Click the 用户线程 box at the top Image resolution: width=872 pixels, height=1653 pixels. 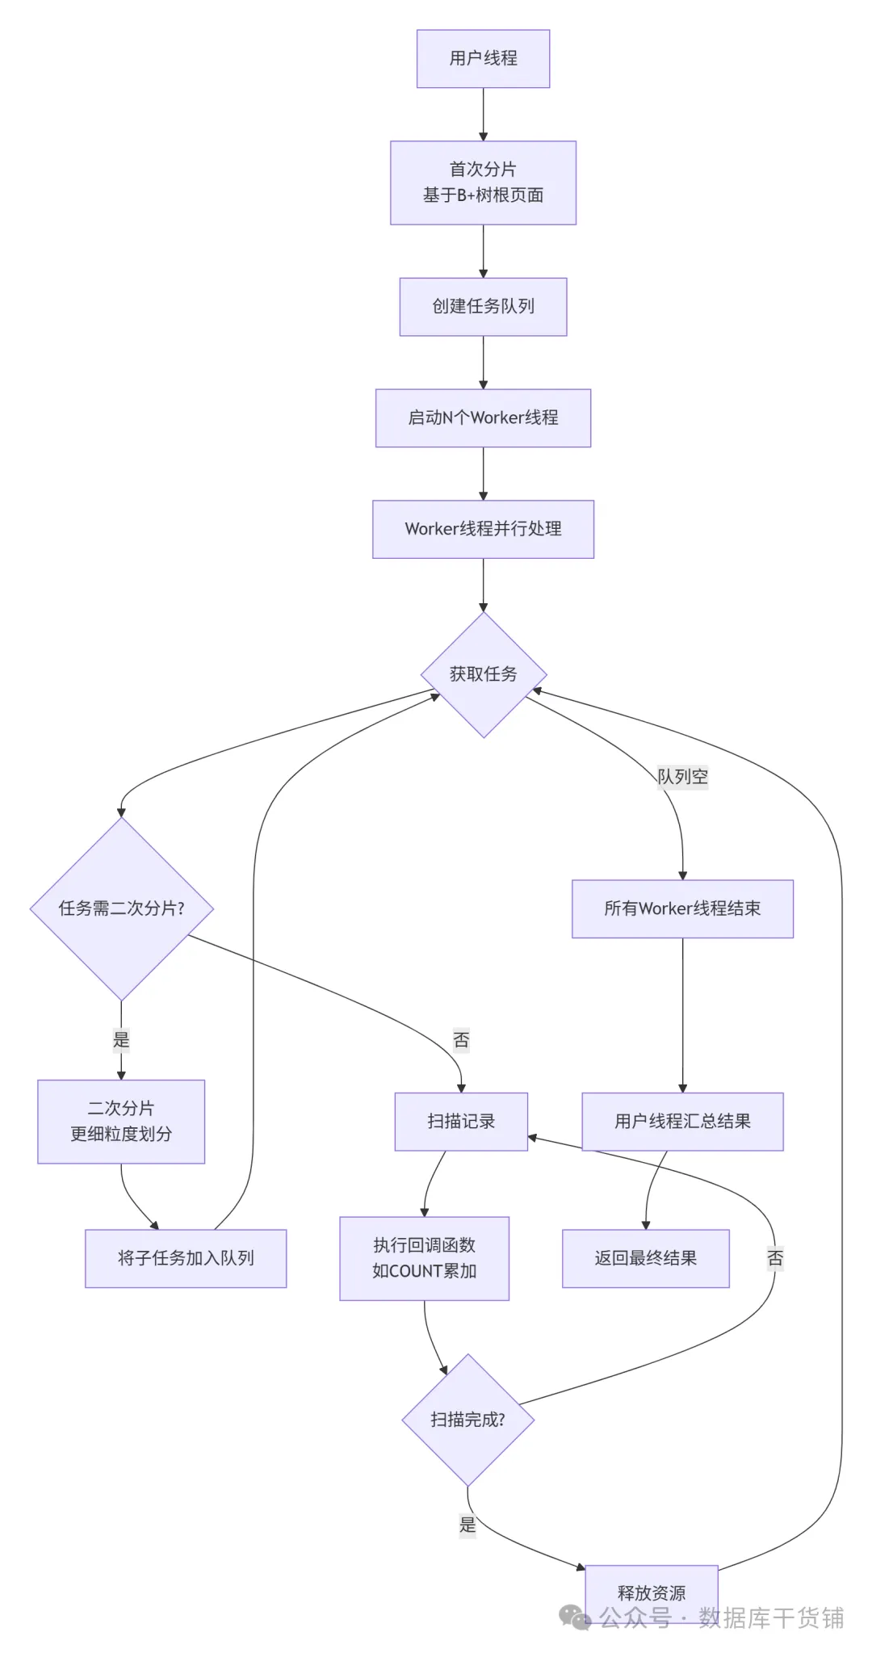point(483,59)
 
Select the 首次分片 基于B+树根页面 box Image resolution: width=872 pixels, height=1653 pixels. point(483,183)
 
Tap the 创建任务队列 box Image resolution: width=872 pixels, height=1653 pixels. point(483,307)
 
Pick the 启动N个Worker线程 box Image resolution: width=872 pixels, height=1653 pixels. point(483,418)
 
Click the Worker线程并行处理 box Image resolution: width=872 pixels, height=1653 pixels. point(483,529)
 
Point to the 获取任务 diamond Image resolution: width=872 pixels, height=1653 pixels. point(483,674)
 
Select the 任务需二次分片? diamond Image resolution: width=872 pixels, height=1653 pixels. point(121,908)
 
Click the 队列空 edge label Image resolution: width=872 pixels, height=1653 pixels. point(682,777)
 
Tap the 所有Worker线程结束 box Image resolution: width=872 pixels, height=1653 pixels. point(682,908)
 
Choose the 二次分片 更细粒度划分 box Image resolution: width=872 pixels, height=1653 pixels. point(121,1121)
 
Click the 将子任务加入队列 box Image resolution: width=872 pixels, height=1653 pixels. point(186,1258)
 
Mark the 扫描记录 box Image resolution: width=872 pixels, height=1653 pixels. point(461,1121)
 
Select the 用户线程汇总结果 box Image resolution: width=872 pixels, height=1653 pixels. point(682,1121)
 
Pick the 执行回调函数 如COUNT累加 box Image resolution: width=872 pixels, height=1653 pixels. point(424,1258)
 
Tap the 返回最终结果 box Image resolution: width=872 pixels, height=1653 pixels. point(645,1258)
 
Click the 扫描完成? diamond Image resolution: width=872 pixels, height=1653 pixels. point(467,1420)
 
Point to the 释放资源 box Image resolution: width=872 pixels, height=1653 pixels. point(651,1592)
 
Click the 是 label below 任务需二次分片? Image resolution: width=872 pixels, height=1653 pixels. point(121,1040)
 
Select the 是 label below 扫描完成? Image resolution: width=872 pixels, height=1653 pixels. point(467,1525)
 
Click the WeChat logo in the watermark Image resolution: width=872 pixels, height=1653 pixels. point(575,1617)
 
